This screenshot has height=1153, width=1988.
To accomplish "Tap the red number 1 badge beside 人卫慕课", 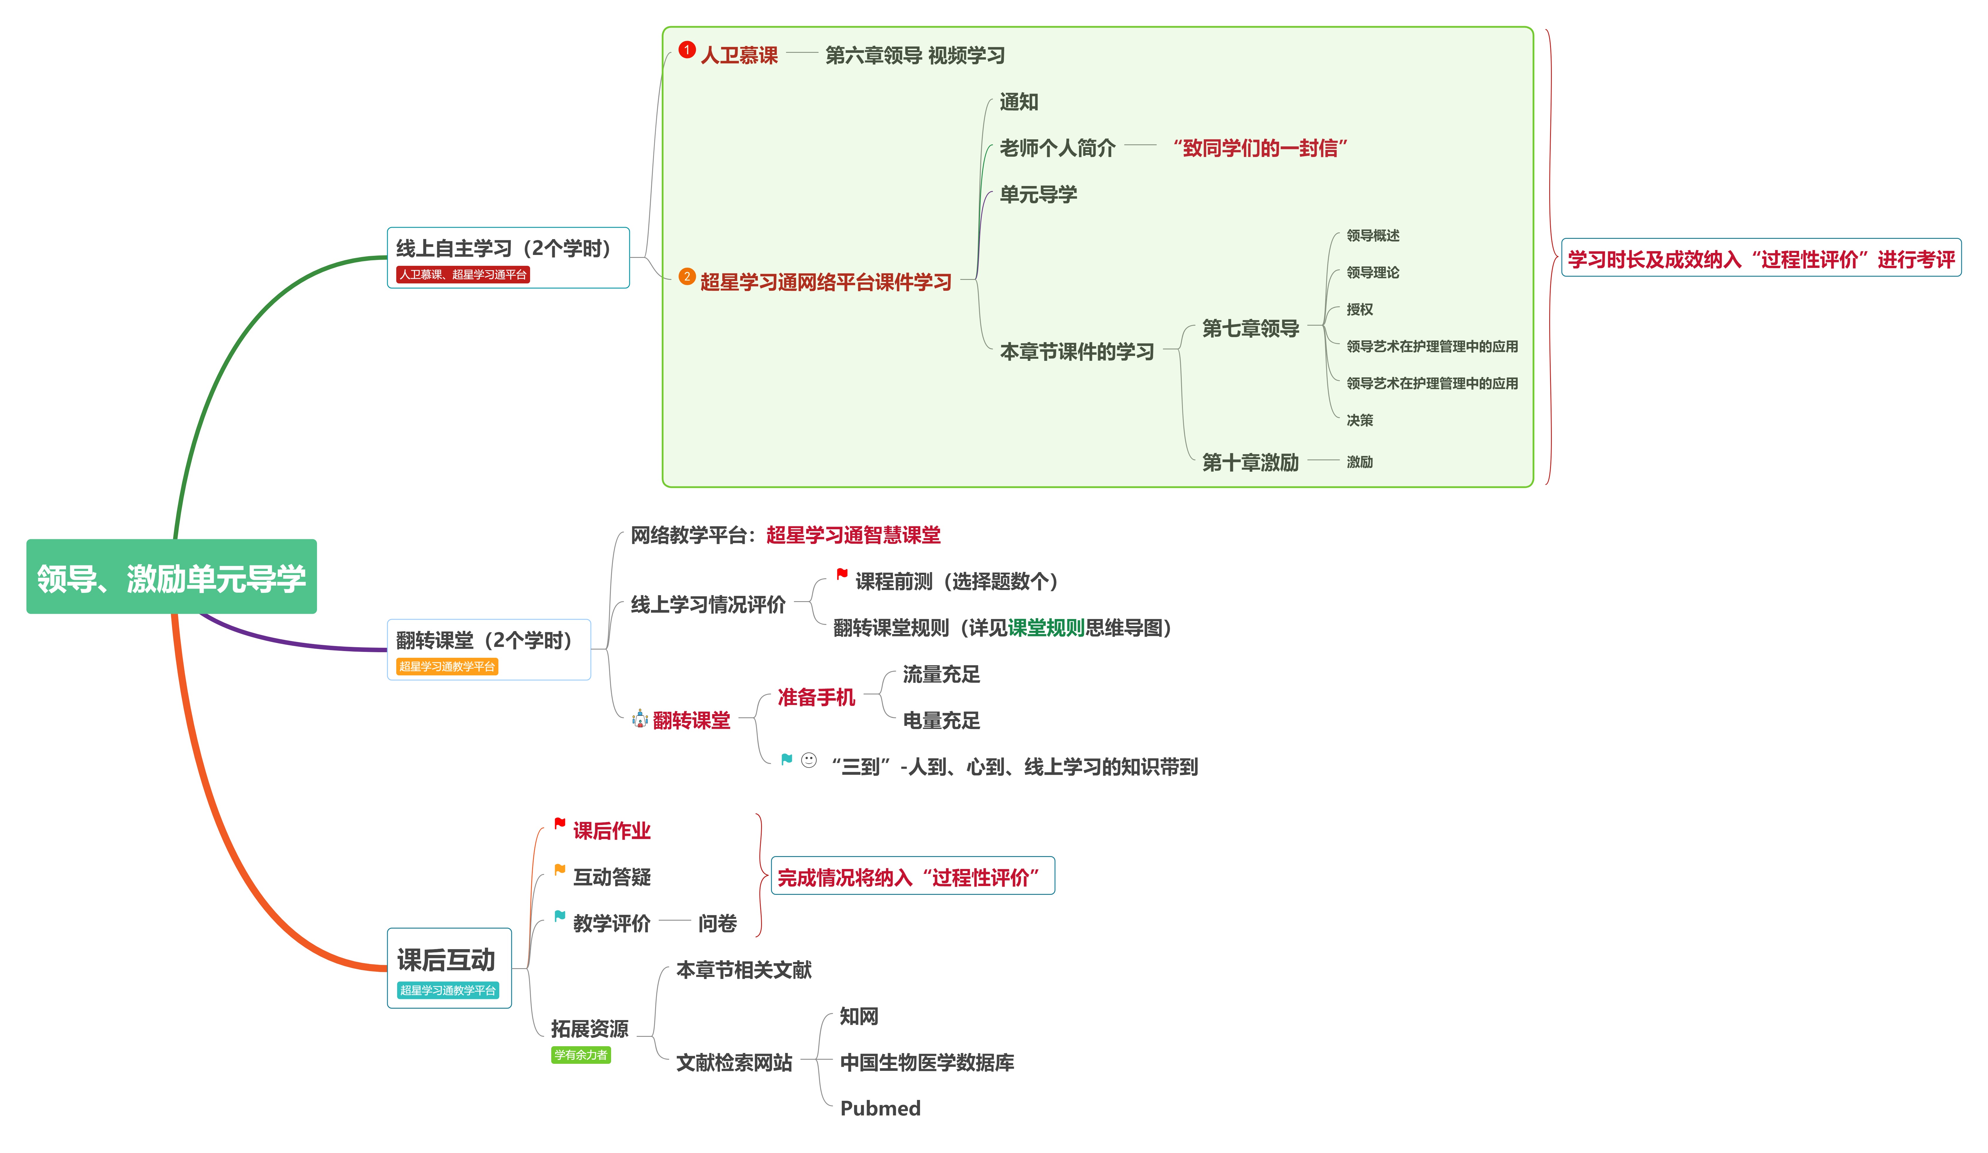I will point(686,50).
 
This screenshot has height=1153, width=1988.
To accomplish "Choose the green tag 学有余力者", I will point(581,1054).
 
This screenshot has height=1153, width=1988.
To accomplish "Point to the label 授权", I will point(1359,309).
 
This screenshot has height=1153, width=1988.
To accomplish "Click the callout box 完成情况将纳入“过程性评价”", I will point(912,876).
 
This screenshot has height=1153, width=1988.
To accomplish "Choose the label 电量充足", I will point(940,720).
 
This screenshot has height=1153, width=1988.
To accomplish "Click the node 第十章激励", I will point(1250,462).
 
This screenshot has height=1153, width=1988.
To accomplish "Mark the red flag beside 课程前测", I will point(842,574).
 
